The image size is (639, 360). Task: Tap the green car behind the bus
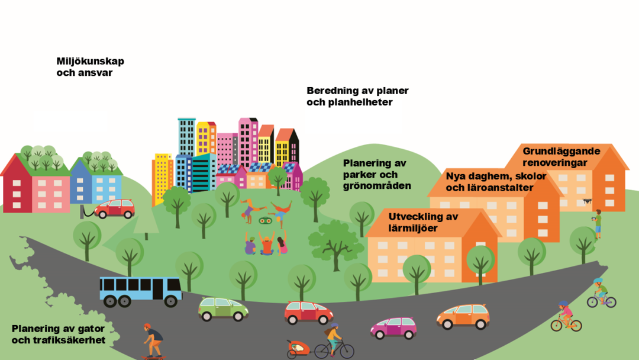pos(223,308)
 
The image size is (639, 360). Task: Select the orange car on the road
pos(463,316)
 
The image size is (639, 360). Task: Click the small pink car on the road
pos(393,327)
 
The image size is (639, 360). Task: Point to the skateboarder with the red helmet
pos(153,341)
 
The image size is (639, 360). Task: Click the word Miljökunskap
pos(90,62)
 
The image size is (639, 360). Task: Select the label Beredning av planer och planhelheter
pos(357,97)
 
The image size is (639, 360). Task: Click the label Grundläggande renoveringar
pos(561,157)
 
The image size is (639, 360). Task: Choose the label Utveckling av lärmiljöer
pos(423,222)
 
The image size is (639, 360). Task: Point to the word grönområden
pos(377,186)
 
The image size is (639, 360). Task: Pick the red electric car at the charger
pos(115,208)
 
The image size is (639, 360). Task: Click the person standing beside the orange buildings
pos(598,223)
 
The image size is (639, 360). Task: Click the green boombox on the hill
pos(265,220)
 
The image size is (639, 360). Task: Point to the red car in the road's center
pos(308,313)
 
